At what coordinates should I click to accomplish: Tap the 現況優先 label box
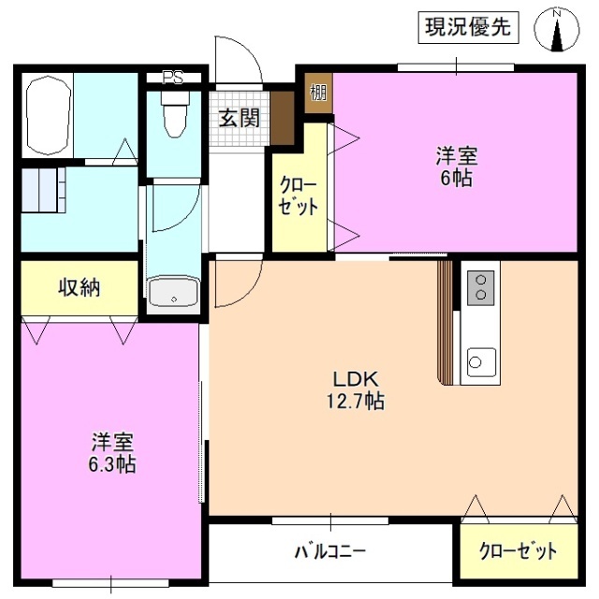click(x=467, y=28)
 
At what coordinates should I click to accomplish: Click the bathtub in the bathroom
click(x=48, y=116)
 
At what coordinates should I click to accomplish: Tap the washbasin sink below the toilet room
click(x=173, y=293)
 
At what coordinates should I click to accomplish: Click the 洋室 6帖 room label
click(x=455, y=167)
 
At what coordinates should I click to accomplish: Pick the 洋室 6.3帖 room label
click(x=111, y=453)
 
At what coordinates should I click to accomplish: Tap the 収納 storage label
click(x=80, y=287)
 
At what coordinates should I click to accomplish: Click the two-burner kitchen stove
click(x=480, y=285)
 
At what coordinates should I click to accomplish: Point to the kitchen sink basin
click(x=481, y=360)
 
